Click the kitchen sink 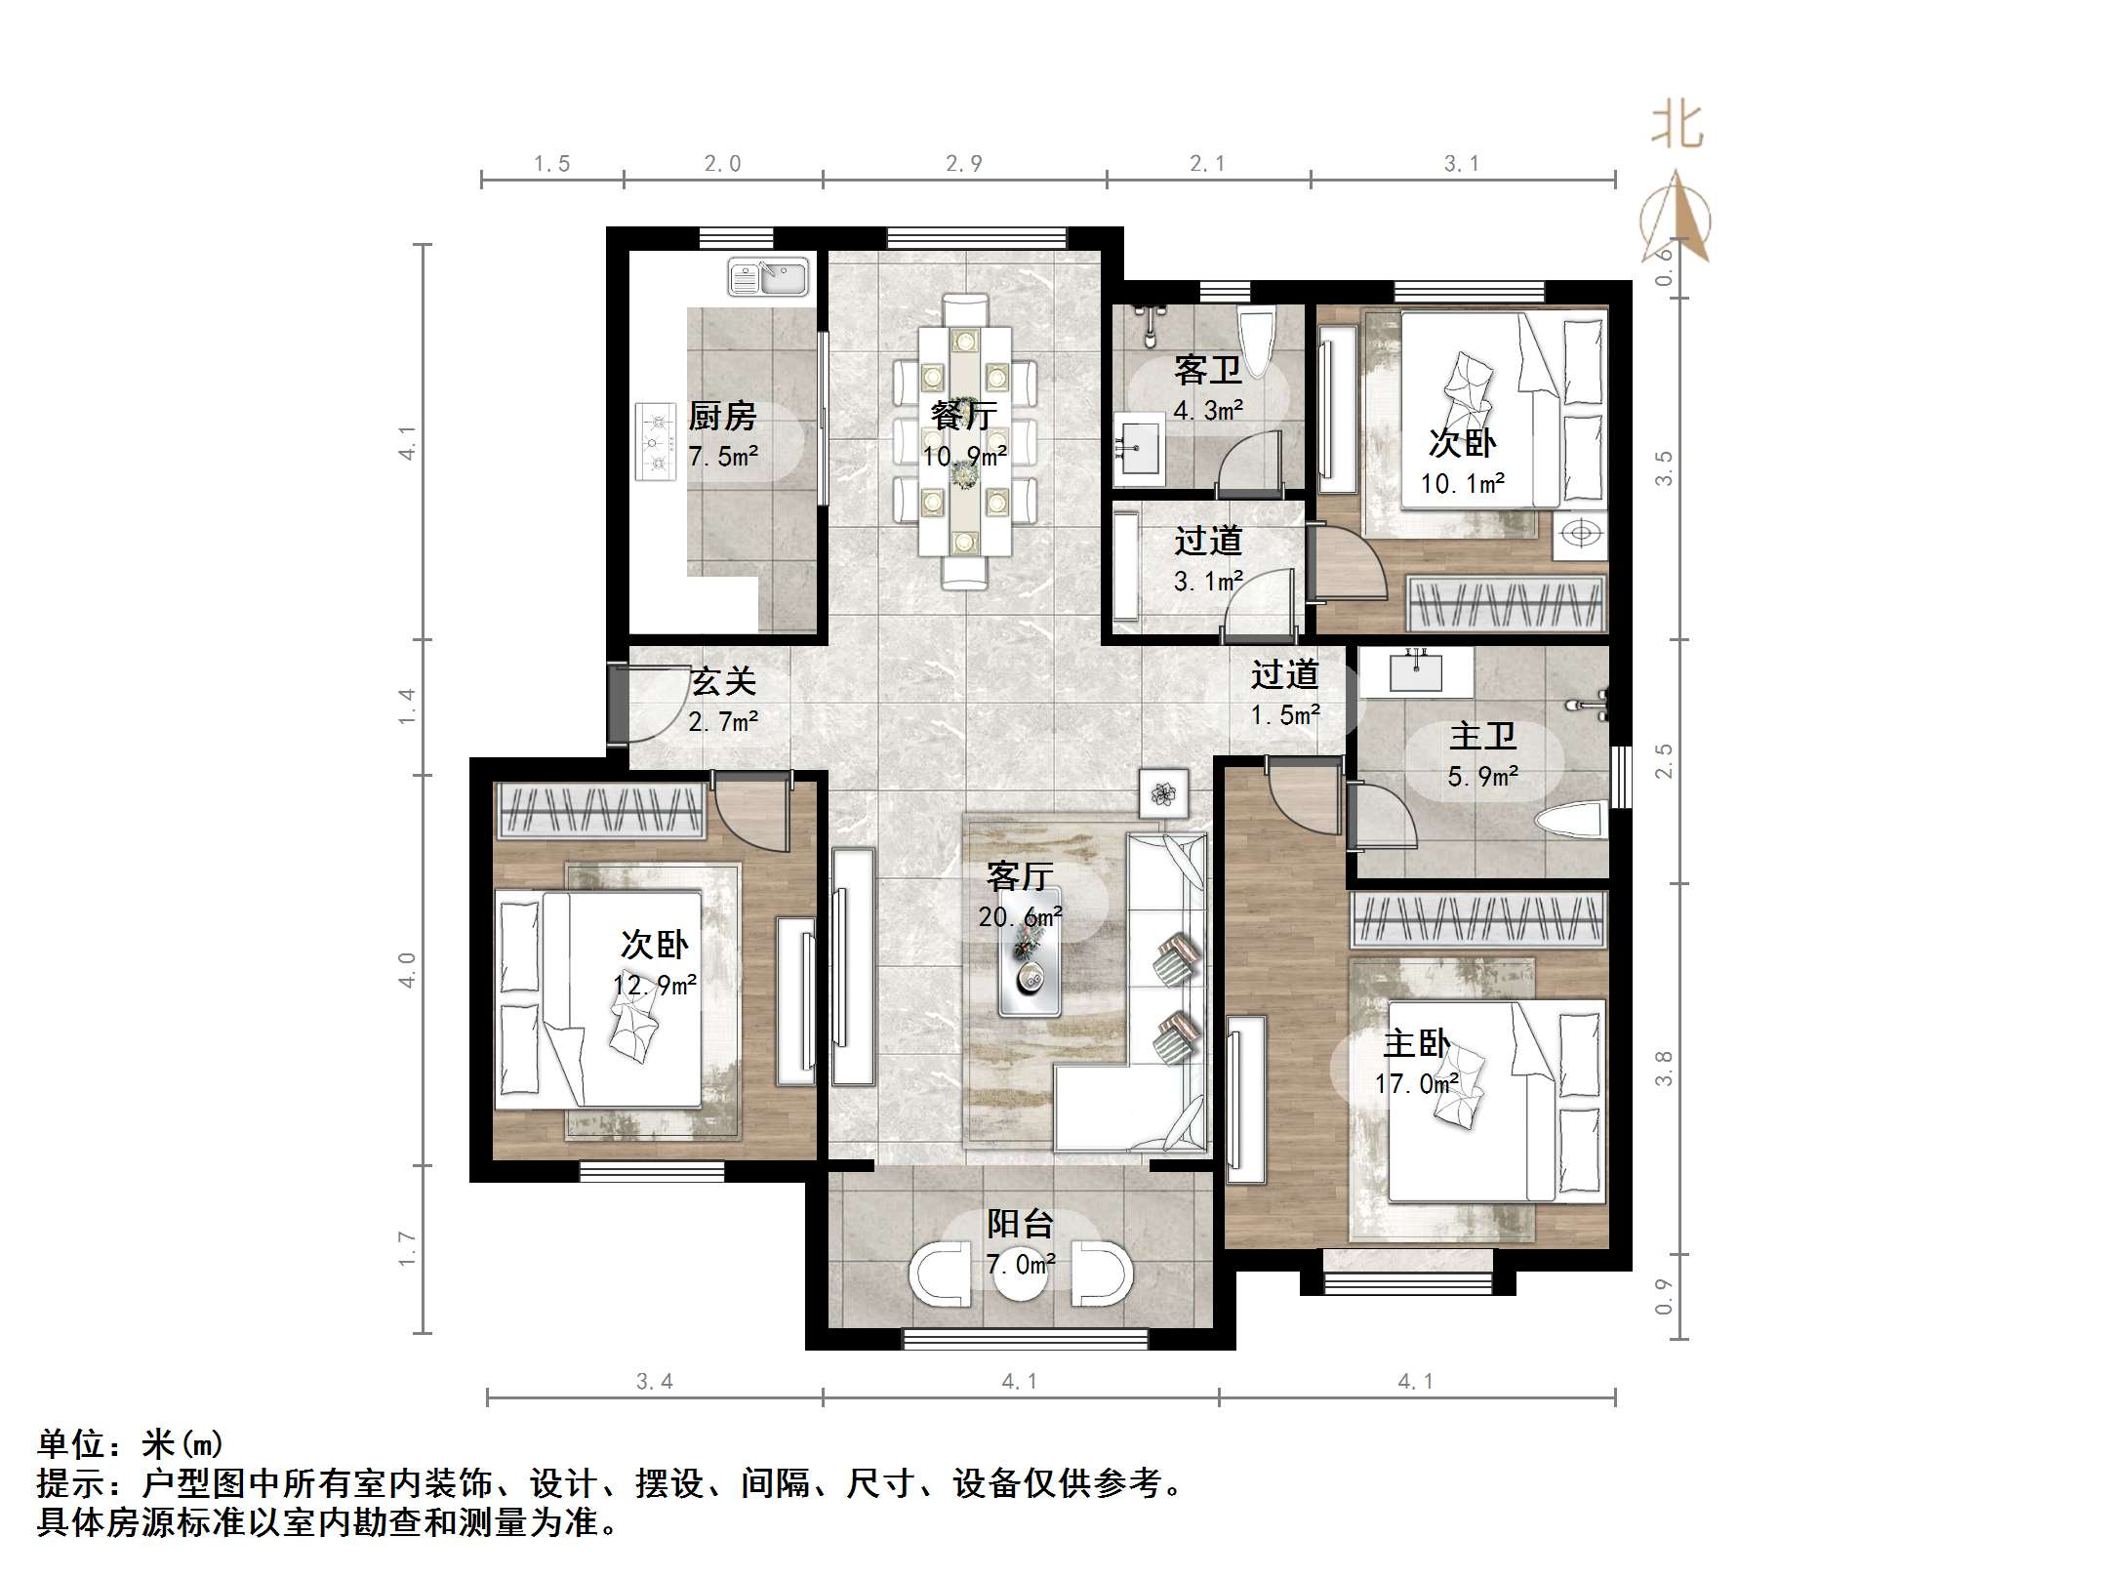pyautogui.click(x=768, y=277)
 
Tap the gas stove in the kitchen pyautogui.click(x=656, y=442)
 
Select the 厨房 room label pyautogui.click(x=722, y=417)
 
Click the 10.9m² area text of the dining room pyautogui.click(x=964, y=456)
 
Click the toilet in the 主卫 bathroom pyautogui.click(x=1570, y=822)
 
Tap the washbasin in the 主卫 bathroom pyautogui.click(x=1416, y=671)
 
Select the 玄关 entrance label pyautogui.click(x=723, y=682)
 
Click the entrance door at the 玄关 pyautogui.click(x=619, y=705)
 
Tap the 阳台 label pyautogui.click(x=1020, y=1224)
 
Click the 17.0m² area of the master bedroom pyautogui.click(x=1416, y=1084)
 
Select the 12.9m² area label pyautogui.click(x=654, y=986)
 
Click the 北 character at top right pyautogui.click(x=1677, y=127)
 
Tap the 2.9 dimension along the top pyautogui.click(x=963, y=164)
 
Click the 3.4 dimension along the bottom pyautogui.click(x=654, y=1381)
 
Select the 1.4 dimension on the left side pyautogui.click(x=407, y=707)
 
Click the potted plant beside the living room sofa pyautogui.click(x=1163, y=794)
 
